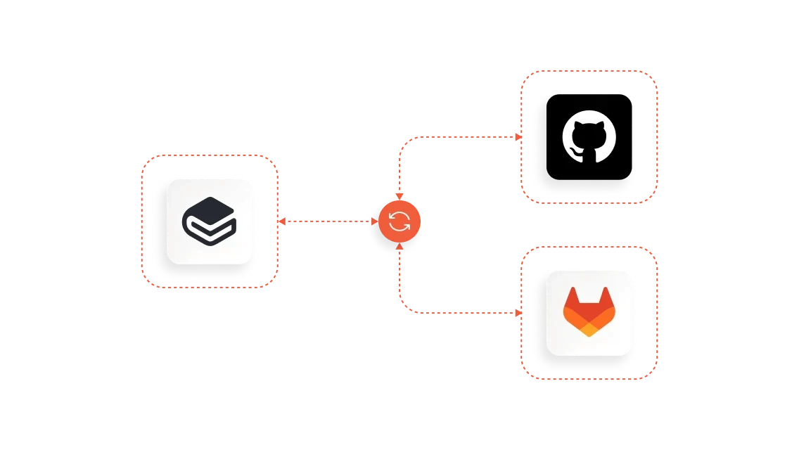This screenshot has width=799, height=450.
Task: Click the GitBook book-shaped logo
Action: [x=210, y=220]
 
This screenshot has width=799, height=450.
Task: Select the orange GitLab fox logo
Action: [x=589, y=312]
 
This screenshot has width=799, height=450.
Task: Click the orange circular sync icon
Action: [x=399, y=222]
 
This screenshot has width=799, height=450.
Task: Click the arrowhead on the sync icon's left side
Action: [x=375, y=222]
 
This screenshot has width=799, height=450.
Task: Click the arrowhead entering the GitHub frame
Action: [x=518, y=137]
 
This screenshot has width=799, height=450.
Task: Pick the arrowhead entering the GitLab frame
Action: [x=518, y=312]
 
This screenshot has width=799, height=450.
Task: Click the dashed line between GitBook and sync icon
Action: [x=327, y=222]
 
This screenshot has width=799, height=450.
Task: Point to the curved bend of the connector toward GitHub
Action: [x=404, y=142]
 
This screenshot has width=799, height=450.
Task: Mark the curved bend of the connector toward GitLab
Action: [x=404, y=307]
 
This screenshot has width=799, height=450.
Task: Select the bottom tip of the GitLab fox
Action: [x=589, y=335]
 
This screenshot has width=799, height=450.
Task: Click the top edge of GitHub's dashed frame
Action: [x=589, y=70]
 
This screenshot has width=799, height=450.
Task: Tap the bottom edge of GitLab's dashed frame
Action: [x=589, y=380]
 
